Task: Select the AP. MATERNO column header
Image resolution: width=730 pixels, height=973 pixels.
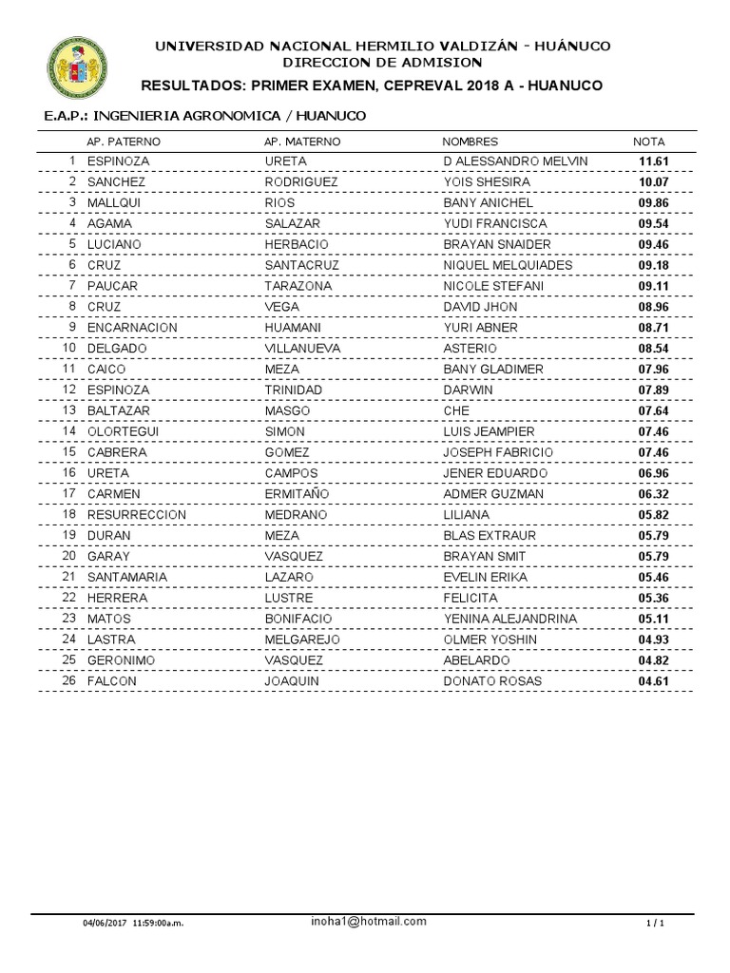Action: tap(301, 142)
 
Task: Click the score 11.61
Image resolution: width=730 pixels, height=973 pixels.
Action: tap(655, 162)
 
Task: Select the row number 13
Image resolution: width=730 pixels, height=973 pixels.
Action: tap(68, 410)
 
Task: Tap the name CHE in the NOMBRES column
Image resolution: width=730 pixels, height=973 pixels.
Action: tap(457, 410)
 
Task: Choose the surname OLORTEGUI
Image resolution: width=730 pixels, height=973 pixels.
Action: tap(123, 431)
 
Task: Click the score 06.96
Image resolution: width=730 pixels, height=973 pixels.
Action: tap(655, 473)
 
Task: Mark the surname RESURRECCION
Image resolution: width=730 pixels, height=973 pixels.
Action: tap(136, 515)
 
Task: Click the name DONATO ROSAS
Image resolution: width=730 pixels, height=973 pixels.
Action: tap(487, 681)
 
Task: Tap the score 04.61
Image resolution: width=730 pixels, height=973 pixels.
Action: tap(655, 681)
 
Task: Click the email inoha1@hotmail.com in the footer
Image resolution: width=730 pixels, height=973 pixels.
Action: tap(368, 922)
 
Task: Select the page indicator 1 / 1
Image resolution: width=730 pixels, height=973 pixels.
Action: tap(654, 924)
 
